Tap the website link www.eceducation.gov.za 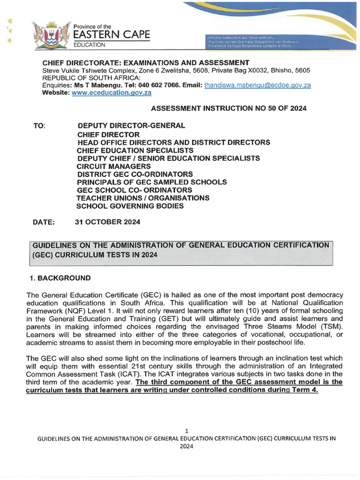(x=111, y=93)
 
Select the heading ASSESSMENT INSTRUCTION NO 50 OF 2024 (x=229, y=108)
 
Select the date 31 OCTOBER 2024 (x=107, y=221)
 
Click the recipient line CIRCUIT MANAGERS (x=114, y=166)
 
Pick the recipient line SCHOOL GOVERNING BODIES (x=130, y=206)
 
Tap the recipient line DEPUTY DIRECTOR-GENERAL (x=131, y=126)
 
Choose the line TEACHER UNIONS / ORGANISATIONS (x=143, y=198)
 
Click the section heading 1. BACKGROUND (x=60, y=278)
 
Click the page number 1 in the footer (x=186, y=430)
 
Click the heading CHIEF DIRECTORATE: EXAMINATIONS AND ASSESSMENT (x=146, y=63)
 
